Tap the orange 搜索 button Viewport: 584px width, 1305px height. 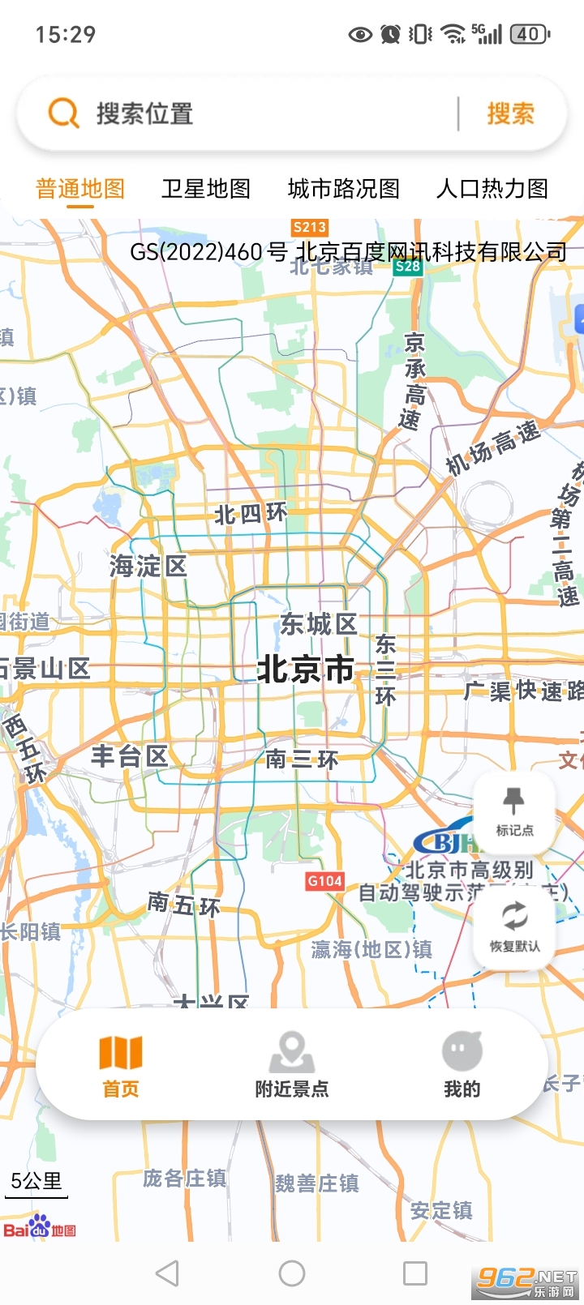510,113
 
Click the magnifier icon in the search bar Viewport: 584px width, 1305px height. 63,113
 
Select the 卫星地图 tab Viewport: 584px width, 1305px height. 206,189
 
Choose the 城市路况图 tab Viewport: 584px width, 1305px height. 344,189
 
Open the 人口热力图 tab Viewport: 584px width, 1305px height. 492,189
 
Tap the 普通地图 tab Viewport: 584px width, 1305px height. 80,189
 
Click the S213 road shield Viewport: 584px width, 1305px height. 309,228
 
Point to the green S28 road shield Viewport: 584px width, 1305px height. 407,266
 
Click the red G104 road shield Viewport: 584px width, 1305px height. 324,881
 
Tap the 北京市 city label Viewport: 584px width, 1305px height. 305,670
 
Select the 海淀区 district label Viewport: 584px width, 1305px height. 148,566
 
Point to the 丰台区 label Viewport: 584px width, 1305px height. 130,756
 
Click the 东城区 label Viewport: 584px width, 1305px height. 318,624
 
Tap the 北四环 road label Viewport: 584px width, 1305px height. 251,514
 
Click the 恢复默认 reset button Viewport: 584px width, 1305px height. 514,926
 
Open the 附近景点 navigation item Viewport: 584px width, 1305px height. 292,1064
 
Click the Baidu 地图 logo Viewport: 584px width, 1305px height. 40,1228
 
